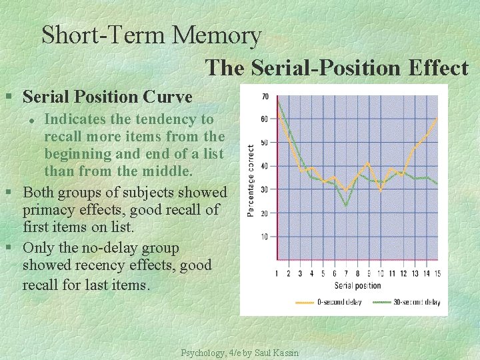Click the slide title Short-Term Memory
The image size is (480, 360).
tap(151, 35)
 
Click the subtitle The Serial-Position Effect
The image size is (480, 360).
tap(337, 67)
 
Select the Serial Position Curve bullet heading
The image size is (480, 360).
tap(107, 97)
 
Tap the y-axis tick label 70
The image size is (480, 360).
tap(265, 97)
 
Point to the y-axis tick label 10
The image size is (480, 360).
tap(265, 237)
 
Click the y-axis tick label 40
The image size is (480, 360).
tap(265, 166)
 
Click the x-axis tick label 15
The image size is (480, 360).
tap(436, 273)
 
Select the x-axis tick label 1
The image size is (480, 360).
tap(277, 273)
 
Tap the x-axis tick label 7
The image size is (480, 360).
tap(346, 273)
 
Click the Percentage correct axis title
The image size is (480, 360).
tap(251, 180)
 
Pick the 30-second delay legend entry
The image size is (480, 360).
tap(406, 302)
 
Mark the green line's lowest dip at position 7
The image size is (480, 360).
tap(346, 205)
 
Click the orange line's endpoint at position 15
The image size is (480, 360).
tap(437, 119)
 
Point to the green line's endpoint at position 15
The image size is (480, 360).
tap(437, 183)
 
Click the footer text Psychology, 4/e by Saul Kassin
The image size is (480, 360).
tap(239, 353)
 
